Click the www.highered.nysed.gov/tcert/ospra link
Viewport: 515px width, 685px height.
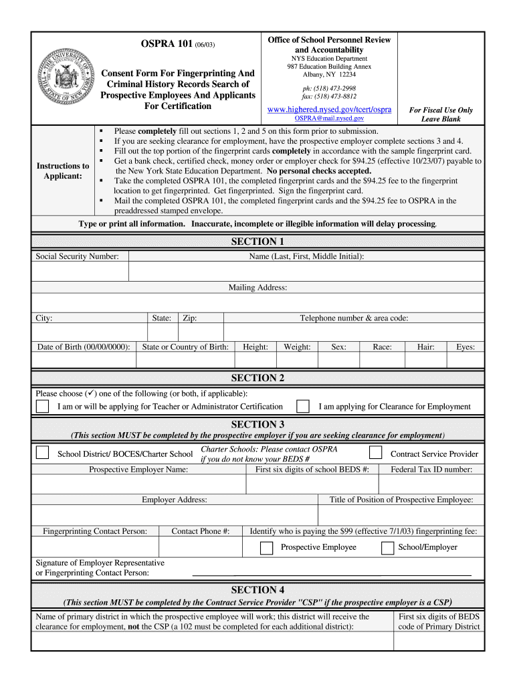pyautogui.click(x=329, y=109)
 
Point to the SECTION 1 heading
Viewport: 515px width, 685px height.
pyautogui.click(x=257, y=241)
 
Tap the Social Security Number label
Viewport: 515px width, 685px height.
pyautogui.click(x=77, y=256)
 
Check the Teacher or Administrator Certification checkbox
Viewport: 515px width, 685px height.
pyautogui.click(x=42, y=406)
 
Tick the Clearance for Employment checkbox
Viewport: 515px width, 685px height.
pyautogui.click(x=303, y=406)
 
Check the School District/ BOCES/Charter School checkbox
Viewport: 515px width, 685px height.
pyautogui.click(x=42, y=453)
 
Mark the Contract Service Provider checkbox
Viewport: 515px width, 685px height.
pyautogui.click(x=376, y=453)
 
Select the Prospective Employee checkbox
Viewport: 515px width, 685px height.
pyautogui.click(x=266, y=548)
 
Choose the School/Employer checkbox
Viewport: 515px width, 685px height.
pyautogui.click(x=387, y=548)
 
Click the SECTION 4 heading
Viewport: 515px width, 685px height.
pyautogui.click(x=257, y=590)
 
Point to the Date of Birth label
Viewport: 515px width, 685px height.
pyautogui.click(x=84, y=347)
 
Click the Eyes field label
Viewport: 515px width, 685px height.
pyautogui.click(x=466, y=347)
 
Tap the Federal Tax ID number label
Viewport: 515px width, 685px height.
pyautogui.click(x=431, y=470)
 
